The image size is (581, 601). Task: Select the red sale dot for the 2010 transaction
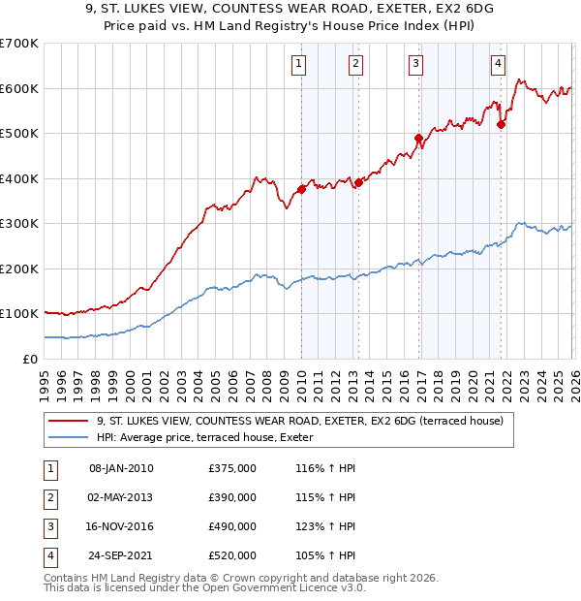click(x=301, y=189)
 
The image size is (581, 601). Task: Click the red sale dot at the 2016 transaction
click(x=418, y=138)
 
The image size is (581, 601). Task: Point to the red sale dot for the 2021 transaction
click(x=501, y=124)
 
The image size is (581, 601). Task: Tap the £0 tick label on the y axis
click(x=30, y=359)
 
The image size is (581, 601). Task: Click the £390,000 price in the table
click(x=232, y=497)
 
